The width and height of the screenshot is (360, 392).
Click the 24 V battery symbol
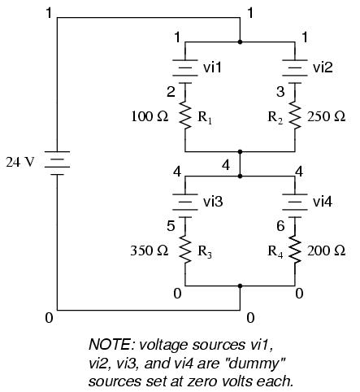[57, 163]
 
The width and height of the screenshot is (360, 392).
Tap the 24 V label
[20, 162]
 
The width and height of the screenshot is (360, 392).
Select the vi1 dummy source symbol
[185, 72]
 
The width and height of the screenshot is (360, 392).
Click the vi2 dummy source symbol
[295, 72]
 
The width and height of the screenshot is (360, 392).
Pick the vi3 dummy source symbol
[185, 206]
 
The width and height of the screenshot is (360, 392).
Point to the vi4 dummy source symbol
[295, 206]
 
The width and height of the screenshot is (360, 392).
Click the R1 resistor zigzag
[185, 115]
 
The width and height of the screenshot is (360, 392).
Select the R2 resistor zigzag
[295, 115]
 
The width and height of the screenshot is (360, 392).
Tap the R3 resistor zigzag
[185, 250]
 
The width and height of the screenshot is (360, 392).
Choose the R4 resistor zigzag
[295, 250]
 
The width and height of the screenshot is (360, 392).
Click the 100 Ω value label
[150, 116]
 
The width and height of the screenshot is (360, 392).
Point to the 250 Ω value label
[327, 116]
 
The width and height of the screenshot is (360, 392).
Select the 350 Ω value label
[150, 250]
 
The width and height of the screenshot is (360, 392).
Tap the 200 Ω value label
[327, 250]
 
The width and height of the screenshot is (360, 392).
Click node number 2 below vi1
[171, 92]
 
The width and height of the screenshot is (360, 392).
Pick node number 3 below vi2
[280, 92]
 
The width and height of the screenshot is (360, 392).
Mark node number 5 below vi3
[171, 226]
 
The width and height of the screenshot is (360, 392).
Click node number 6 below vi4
[280, 226]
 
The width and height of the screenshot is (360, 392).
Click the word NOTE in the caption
[110, 344]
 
